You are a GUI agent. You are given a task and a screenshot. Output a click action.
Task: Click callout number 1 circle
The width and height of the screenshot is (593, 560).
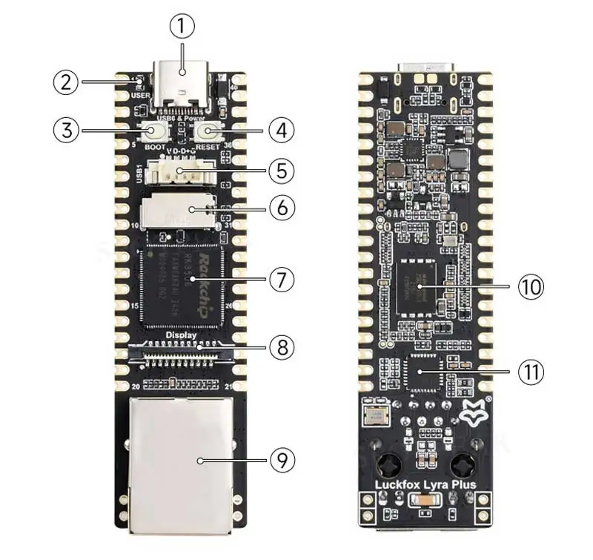[182, 27]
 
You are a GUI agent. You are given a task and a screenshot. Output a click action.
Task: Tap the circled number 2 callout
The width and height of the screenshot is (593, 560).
[65, 81]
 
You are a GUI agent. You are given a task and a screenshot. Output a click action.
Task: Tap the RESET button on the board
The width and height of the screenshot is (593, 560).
[208, 133]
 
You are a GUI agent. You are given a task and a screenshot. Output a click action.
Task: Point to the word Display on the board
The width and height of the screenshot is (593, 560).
[181, 335]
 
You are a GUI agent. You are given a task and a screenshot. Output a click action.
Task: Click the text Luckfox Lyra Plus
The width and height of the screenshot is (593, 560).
[425, 486]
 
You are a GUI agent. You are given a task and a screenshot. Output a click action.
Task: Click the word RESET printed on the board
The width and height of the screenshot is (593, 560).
[208, 147]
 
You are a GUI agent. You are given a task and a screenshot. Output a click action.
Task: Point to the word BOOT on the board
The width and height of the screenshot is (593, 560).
[155, 147]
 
